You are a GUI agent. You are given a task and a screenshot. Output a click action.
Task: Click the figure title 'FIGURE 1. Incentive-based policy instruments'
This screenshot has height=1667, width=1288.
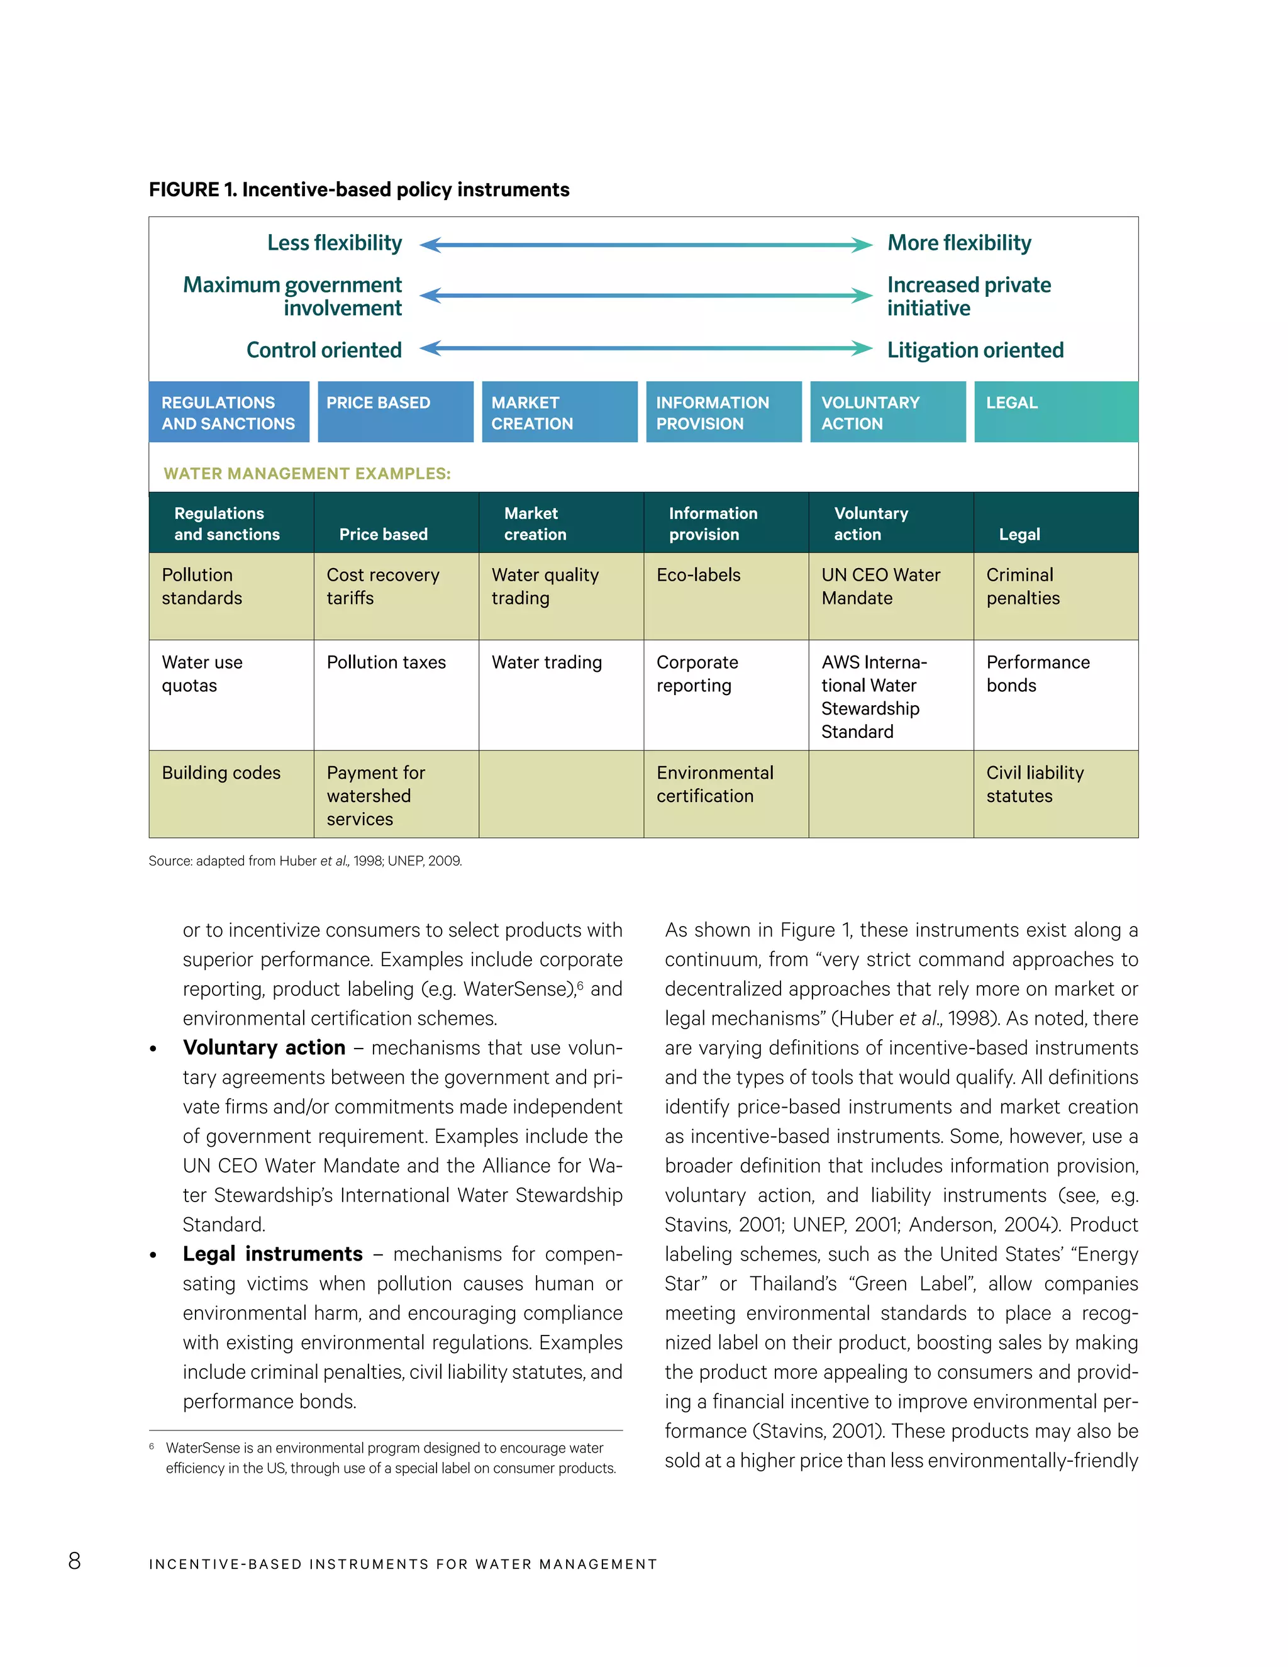358,189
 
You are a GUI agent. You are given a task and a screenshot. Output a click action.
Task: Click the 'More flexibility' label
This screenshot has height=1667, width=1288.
958,243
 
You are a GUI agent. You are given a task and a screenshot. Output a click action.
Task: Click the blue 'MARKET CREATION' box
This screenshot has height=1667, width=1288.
558,412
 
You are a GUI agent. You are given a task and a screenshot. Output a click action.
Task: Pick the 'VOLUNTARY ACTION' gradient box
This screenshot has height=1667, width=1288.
887,412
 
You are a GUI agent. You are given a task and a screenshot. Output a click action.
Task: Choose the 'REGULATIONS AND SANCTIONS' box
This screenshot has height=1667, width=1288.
229,412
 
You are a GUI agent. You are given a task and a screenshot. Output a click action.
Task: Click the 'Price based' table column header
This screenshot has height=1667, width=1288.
383,533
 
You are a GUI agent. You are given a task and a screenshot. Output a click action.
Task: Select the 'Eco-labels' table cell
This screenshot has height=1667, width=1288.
698,575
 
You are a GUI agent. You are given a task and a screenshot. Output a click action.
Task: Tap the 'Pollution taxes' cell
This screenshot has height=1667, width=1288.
386,662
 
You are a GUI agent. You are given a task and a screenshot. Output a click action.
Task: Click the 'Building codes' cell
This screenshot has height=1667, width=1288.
221,772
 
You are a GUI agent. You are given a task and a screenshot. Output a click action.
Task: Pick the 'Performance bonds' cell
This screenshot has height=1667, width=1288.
1037,673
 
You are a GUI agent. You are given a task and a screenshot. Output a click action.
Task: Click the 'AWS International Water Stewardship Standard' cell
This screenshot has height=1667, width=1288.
874,696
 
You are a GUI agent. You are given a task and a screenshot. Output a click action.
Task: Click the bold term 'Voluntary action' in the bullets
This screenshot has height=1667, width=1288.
264,1047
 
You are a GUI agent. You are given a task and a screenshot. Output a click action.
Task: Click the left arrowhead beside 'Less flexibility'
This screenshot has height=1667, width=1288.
430,244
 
